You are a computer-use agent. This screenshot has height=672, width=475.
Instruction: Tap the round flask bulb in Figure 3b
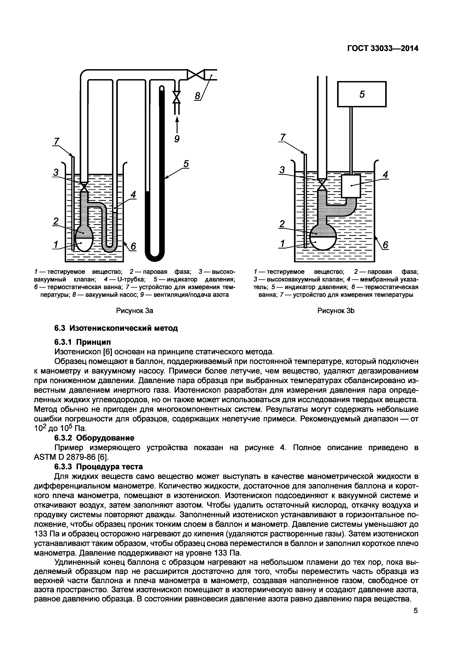click(x=323, y=239)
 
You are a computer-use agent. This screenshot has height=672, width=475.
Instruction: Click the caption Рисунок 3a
click(x=135, y=311)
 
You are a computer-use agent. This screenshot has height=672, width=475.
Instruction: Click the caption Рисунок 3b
click(x=336, y=311)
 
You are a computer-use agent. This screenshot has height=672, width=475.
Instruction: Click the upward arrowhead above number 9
click(x=177, y=120)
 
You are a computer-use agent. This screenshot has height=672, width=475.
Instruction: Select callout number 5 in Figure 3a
click(x=186, y=164)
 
